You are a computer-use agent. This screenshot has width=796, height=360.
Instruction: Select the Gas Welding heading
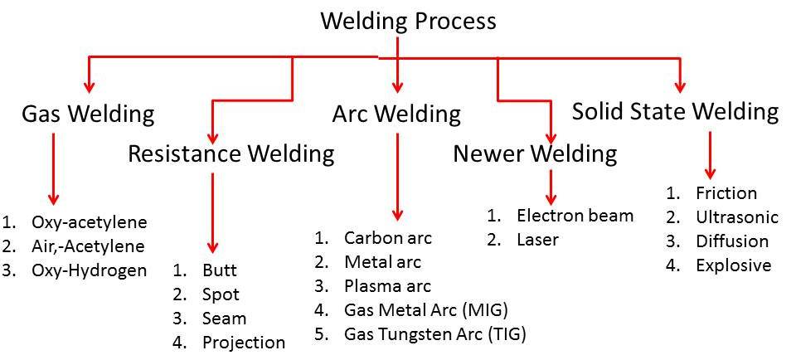[x=88, y=114]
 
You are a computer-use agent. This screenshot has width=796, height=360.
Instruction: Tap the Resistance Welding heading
[x=231, y=153]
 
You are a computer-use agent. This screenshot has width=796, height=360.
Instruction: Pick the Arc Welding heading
[x=396, y=114]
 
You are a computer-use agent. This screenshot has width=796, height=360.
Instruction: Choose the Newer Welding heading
[x=535, y=153]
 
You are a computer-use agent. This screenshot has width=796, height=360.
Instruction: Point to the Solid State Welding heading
[x=675, y=111]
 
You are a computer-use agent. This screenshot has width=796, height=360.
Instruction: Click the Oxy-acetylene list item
[x=89, y=222]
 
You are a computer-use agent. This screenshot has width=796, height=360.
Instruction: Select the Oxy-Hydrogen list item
[x=89, y=270]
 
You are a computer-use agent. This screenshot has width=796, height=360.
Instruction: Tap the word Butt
[x=219, y=270]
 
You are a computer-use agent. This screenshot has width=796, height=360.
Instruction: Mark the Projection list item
[x=243, y=342]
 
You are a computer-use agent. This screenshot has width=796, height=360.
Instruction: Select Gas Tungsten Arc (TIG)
[x=435, y=334]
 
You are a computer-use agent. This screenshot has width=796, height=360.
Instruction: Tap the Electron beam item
[x=575, y=216]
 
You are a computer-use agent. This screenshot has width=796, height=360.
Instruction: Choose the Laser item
[x=537, y=240]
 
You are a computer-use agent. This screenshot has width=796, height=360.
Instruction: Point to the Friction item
[x=726, y=193]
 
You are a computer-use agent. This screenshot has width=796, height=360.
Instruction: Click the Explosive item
[x=733, y=265]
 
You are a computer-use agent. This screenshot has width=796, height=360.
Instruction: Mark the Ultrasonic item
[x=737, y=217]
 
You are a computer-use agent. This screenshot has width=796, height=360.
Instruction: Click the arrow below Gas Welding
[x=54, y=167]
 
